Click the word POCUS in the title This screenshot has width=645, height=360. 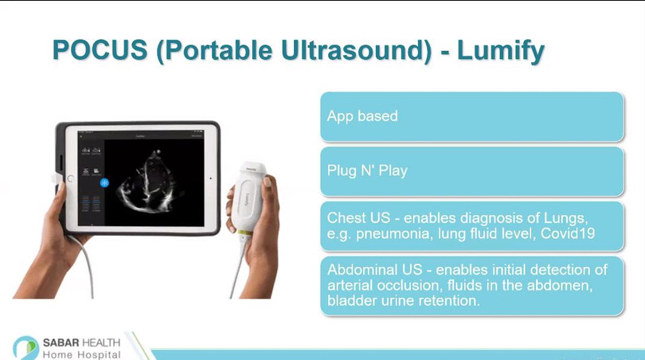tap(100, 50)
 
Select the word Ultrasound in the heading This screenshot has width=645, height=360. tap(356, 50)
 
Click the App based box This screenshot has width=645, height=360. tap(472, 117)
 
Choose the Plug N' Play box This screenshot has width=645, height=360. tap(472, 171)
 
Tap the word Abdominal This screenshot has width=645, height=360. tap(362, 270)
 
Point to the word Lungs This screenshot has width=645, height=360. tap(565, 218)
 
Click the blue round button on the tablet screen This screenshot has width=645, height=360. tap(104, 182)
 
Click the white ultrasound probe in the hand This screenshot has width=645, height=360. tap(248, 198)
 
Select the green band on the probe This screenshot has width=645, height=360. tap(244, 233)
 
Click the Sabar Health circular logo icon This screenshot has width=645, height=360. tap(25, 348)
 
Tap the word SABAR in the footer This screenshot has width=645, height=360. tap(61, 342)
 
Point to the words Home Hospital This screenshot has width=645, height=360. tap(81, 354)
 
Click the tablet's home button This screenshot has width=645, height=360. tap(70, 178)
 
